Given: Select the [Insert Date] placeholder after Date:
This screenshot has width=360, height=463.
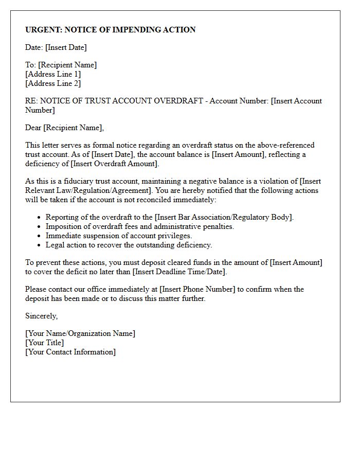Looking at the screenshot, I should tap(66, 47).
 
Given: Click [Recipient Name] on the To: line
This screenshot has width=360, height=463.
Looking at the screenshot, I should tap(67, 65).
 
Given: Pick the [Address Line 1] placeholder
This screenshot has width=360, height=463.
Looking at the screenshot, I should tap(53, 74).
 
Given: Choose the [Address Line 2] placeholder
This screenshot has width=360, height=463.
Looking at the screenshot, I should tap(53, 83).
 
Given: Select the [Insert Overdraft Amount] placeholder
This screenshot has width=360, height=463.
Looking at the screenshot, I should tap(115, 164).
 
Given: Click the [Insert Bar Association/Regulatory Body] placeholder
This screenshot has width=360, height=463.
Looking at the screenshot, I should tap(224, 217).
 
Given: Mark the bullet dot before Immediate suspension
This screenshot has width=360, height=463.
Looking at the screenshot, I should tap(39, 236).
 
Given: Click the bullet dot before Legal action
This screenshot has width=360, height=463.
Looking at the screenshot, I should tap(39, 245).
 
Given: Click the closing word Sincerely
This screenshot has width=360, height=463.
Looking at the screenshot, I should tap(41, 316).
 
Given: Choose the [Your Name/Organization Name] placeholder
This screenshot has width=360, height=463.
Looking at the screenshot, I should tap(80, 333).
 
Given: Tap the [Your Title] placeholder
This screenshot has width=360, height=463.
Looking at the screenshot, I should tap(45, 343).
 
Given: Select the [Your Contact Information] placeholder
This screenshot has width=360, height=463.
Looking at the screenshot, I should tap(70, 352).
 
